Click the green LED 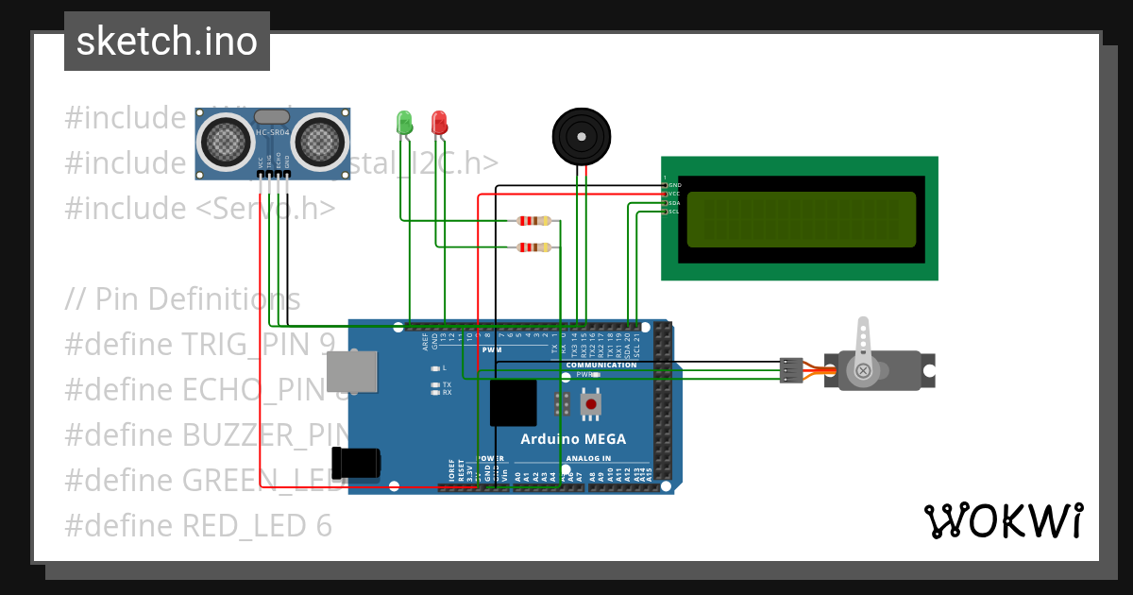(404, 122)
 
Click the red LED (439, 122)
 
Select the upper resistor (534, 221)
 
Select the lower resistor (534, 247)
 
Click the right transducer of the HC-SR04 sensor (320, 142)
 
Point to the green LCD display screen (801, 218)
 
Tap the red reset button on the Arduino (591, 404)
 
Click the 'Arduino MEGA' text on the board (573, 439)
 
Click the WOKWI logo (1003, 520)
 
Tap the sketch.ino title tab (166, 42)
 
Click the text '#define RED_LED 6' (198, 525)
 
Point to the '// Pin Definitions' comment (182, 299)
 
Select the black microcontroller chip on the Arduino (514, 402)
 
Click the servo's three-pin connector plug (790, 369)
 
